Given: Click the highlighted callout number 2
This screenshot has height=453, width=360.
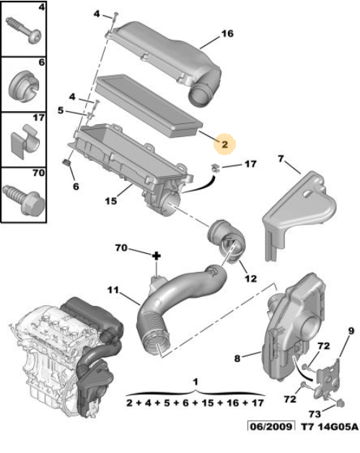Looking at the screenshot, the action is (x=225, y=144).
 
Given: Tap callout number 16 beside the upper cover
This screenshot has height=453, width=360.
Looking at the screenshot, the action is (x=227, y=34).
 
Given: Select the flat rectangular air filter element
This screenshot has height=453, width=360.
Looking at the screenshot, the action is (x=149, y=106).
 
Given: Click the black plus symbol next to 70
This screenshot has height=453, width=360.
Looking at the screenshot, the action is (x=157, y=256).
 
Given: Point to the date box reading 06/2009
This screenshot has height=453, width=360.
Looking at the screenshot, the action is (x=271, y=426).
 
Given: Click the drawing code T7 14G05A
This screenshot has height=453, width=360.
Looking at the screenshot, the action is (x=330, y=427).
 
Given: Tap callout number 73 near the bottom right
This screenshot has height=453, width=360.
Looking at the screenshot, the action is (x=315, y=414).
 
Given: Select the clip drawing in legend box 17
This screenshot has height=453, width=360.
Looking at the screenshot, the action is (x=25, y=141).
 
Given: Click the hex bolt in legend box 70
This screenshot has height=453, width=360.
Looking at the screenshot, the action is (x=24, y=198).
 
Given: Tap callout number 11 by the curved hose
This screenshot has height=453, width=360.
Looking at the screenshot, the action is (x=113, y=289).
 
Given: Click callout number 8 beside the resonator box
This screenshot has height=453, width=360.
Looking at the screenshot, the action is (x=237, y=359).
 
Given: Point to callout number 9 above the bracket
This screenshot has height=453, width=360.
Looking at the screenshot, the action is (x=351, y=331).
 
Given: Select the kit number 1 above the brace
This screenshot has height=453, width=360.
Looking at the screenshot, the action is (x=196, y=382).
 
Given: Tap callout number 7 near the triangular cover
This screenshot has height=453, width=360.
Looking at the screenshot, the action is (x=281, y=159).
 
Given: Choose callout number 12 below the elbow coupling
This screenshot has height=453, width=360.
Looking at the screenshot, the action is (x=250, y=278).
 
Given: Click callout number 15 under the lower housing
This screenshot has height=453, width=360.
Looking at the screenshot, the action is (x=110, y=201).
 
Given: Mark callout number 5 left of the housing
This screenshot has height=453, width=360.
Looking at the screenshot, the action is (x=61, y=110).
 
